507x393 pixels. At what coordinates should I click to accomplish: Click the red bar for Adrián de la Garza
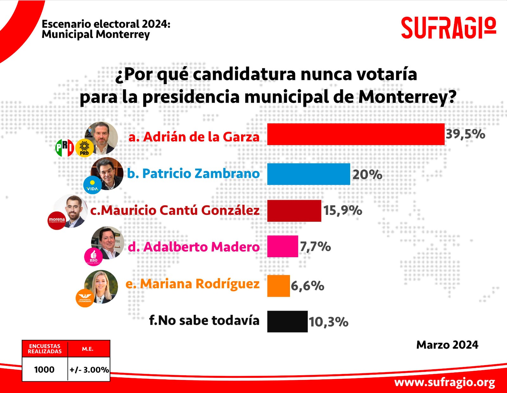[356, 134]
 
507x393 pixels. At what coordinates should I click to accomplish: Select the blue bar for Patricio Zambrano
[308, 174]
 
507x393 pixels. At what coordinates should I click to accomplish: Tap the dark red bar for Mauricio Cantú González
[294, 211]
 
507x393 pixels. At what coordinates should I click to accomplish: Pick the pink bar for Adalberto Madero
[282, 246]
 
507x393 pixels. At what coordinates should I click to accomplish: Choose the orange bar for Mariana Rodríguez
[278, 286]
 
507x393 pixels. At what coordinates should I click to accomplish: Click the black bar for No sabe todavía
[287, 321]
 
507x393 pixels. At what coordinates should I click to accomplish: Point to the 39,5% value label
[465, 134]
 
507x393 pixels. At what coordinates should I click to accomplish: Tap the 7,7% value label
[315, 246]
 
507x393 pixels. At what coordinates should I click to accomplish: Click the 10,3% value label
[329, 322]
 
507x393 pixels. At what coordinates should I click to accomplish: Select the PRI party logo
[65, 148]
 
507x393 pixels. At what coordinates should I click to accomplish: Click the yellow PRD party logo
[84, 148]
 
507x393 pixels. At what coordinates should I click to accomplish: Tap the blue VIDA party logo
[93, 185]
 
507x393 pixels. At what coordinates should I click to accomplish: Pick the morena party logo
[57, 220]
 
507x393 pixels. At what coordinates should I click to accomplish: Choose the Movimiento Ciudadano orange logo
[85, 298]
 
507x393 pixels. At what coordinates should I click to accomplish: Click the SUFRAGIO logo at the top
[448, 28]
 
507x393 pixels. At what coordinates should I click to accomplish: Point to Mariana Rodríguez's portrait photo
[102, 286]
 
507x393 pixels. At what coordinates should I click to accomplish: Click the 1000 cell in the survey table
[44, 369]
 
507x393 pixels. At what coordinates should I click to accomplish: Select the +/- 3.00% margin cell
[89, 370]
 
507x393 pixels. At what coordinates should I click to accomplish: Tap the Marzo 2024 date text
[447, 345]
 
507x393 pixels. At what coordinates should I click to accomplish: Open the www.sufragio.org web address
[445, 382]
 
